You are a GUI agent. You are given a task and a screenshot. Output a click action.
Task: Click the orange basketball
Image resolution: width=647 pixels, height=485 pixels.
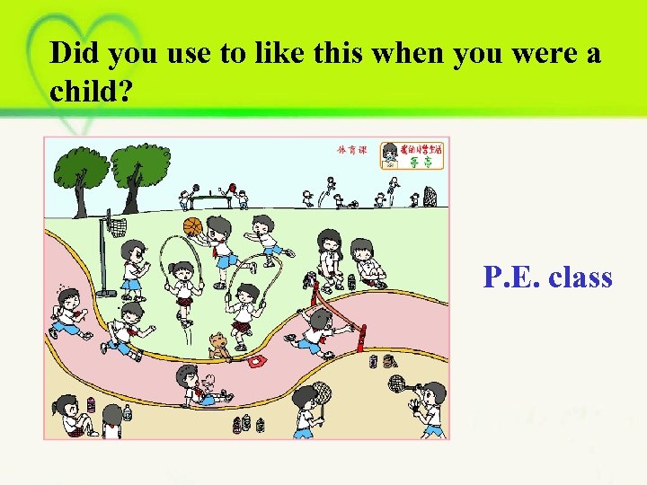click(193, 226)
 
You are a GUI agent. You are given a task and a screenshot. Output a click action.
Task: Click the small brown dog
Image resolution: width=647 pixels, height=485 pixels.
click(218, 345)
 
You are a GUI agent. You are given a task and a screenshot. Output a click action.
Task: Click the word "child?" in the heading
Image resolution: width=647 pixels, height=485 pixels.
click(89, 95)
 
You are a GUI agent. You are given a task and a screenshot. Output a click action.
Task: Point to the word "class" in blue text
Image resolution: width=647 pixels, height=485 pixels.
click(581, 278)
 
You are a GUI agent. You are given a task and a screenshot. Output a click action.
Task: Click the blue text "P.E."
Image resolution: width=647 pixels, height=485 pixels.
click(510, 278)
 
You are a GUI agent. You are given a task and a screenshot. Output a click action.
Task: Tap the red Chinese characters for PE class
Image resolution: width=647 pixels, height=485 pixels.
click(352, 150)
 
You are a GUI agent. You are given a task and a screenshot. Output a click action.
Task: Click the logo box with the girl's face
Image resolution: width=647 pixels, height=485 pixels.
click(412, 155)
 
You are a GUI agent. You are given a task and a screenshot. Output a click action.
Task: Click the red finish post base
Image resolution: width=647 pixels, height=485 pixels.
click(362, 341)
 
